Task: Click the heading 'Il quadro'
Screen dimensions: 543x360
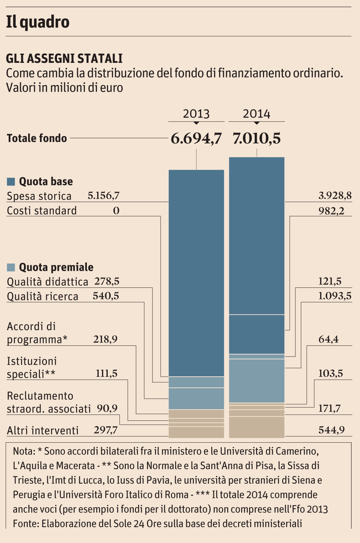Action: pos(38,22)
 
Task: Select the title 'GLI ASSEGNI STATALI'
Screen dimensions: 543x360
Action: pos(64,58)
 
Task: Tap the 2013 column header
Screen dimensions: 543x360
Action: pos(196,114)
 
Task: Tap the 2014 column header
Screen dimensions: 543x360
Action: pos(256,114)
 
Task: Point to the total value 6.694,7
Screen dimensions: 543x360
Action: pos(196,139)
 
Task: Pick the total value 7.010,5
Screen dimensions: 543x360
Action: pos(256,139)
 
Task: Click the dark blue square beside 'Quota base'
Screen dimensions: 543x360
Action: pos(11,182)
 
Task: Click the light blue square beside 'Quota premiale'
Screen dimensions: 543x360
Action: pos(11,267)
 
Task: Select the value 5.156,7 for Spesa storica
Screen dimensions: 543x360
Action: pos(104,196)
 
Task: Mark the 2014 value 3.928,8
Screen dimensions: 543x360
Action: pos(335,196)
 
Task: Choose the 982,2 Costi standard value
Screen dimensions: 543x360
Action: pos(331,211)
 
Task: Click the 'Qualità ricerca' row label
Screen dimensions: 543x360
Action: pos(43,296)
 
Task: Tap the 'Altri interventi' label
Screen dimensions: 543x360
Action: pos(43,431)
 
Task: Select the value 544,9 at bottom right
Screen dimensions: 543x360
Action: pos(332,430)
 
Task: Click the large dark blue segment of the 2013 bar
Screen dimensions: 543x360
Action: pos(196,273)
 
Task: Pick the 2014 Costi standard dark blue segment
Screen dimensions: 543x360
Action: pos(256,334)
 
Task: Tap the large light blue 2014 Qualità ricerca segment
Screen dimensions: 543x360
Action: pos(256,381)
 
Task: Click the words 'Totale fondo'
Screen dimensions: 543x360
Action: pos(37,138)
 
